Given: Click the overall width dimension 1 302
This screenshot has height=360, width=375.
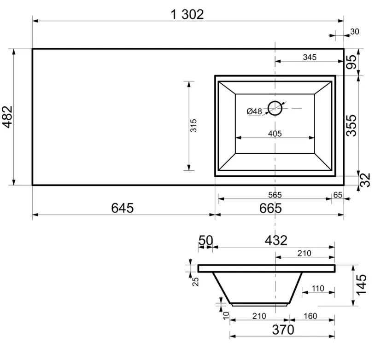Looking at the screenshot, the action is (187, 14).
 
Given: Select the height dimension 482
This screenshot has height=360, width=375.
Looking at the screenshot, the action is (7, 117).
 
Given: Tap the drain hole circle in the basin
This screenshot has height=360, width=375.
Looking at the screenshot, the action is (275, 108).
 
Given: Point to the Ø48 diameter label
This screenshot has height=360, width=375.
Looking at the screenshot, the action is (254, 111).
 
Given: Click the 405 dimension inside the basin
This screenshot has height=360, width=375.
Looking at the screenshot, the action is (275, 134).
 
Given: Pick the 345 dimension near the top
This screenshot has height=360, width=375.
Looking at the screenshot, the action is (310, 57).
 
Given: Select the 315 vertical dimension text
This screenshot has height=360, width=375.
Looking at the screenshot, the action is (193, 126).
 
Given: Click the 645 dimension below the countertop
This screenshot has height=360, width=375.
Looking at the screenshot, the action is (122, 208).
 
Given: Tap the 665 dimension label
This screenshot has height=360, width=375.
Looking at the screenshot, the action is (270, 209).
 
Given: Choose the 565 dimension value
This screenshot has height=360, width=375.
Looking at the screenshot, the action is (275, 195).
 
